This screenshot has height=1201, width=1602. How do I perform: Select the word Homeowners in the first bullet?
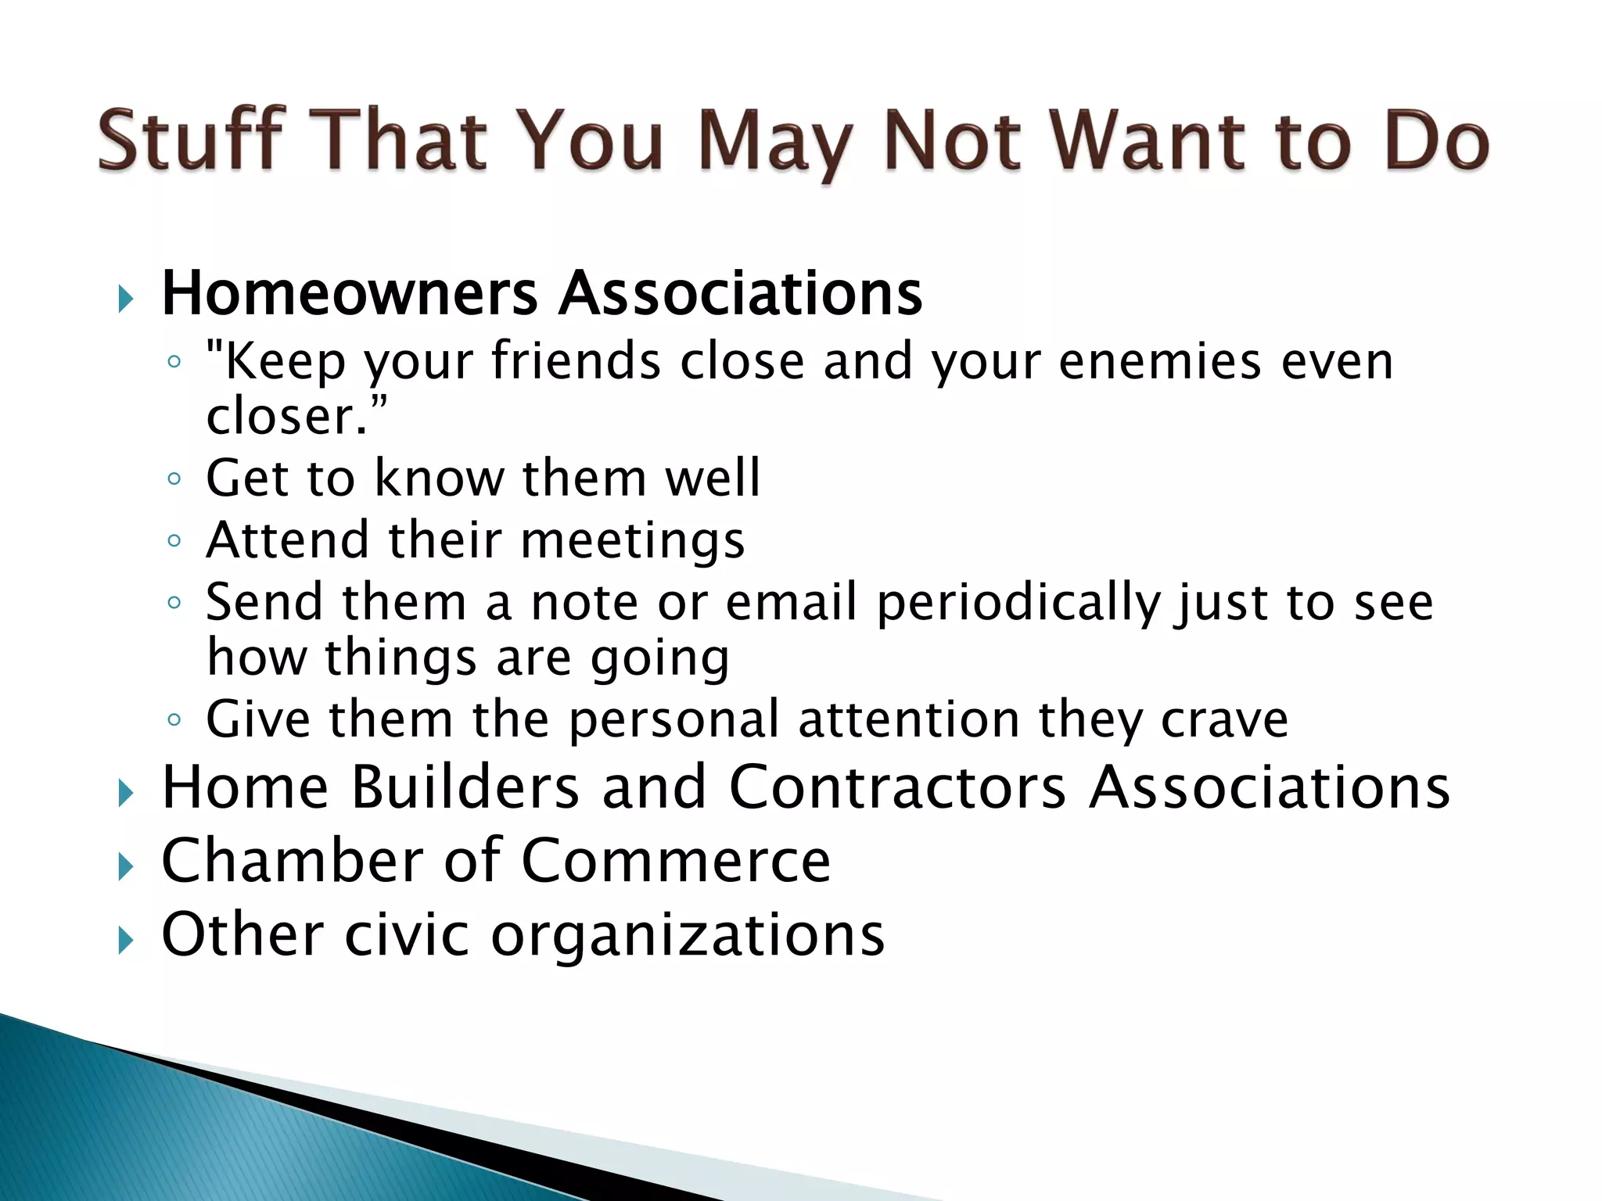[349, 294]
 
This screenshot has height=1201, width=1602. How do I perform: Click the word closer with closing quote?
[296, 417]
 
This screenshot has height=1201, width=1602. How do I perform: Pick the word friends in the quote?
[576, 362]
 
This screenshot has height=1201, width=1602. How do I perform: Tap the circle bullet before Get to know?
[174, 479]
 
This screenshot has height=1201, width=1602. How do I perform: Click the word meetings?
[632, 541]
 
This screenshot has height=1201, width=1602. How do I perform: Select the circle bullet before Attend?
[174, 540]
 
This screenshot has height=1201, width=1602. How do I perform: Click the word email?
[791, 602]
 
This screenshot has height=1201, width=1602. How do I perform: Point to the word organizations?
[688, 935]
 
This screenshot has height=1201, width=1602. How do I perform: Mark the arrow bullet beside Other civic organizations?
[125, 940]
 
